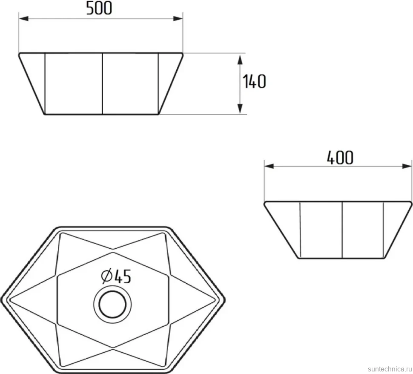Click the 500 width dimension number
[99, 8]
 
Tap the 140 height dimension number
[254, 81]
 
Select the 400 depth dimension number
[340, 158]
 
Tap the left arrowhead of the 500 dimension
[24, 19]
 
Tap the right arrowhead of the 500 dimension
[178, 19]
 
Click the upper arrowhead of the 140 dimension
[240, 60]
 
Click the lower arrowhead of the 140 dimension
[240, 108]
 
